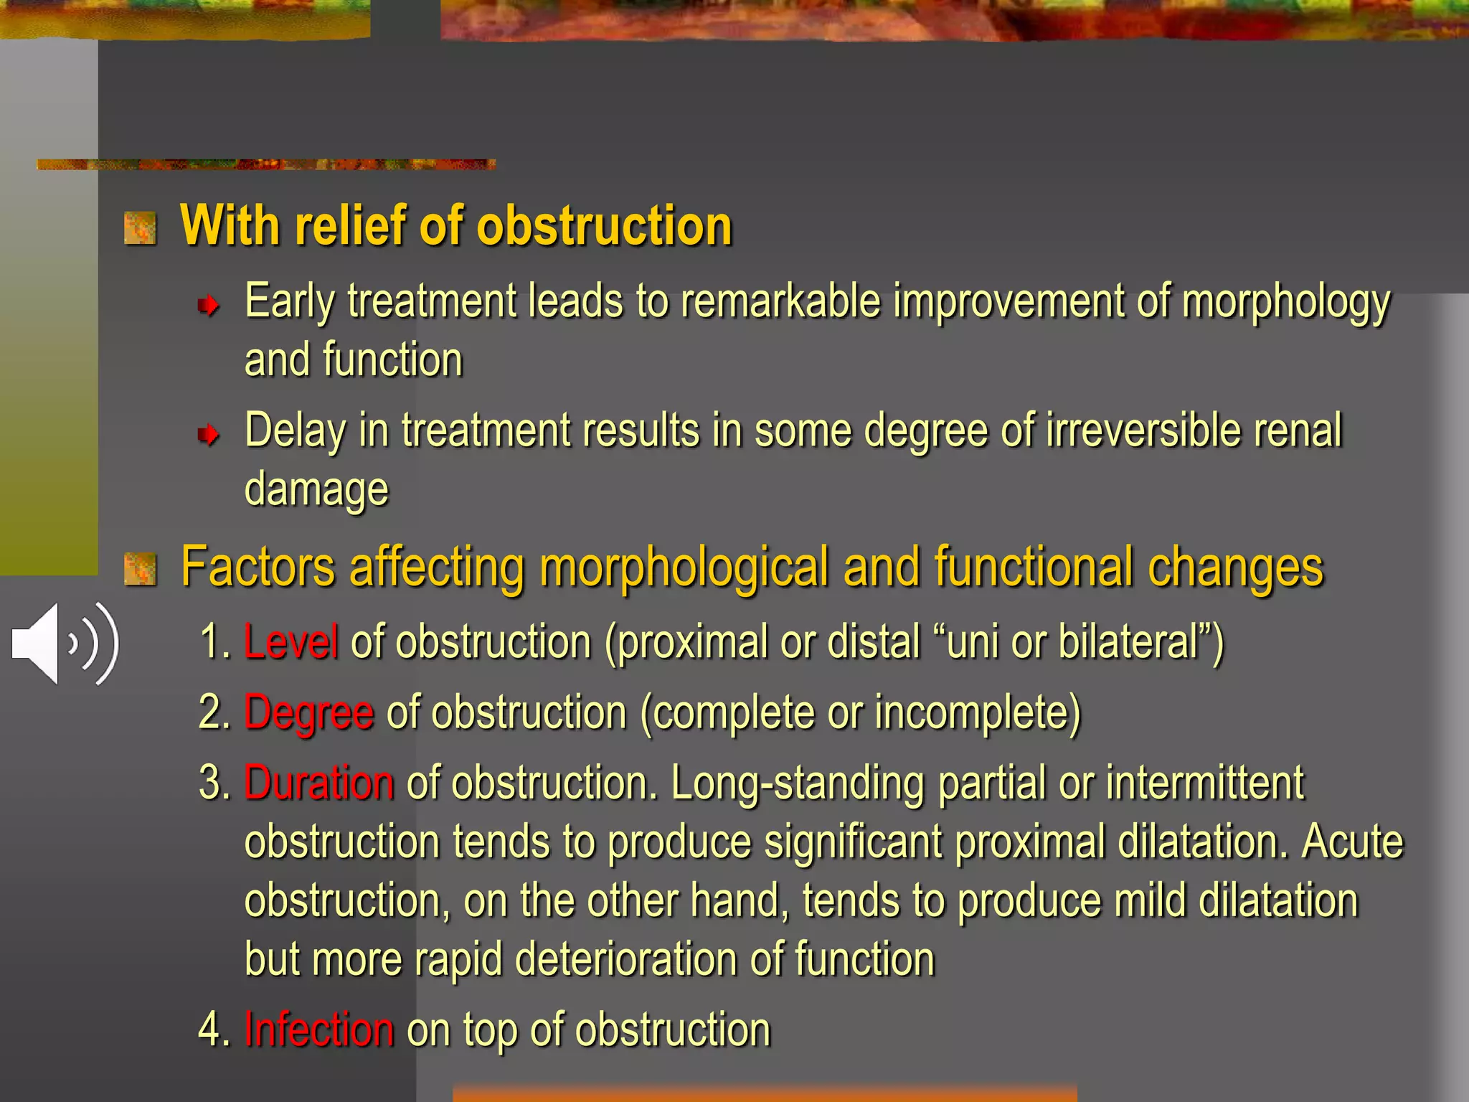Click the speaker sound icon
(65, 644)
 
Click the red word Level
(291, 641)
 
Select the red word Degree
(308, 713)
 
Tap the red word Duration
(318, 782)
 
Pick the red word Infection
(318, 1029)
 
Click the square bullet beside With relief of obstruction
(140, 228)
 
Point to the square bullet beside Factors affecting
(140, 569)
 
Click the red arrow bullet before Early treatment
(208, 306)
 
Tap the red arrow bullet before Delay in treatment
(208, 434)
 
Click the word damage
(316, 489)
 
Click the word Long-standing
(797, 783)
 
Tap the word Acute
(1352, 841)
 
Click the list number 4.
(211, 1029)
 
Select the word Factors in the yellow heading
(258, 567)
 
